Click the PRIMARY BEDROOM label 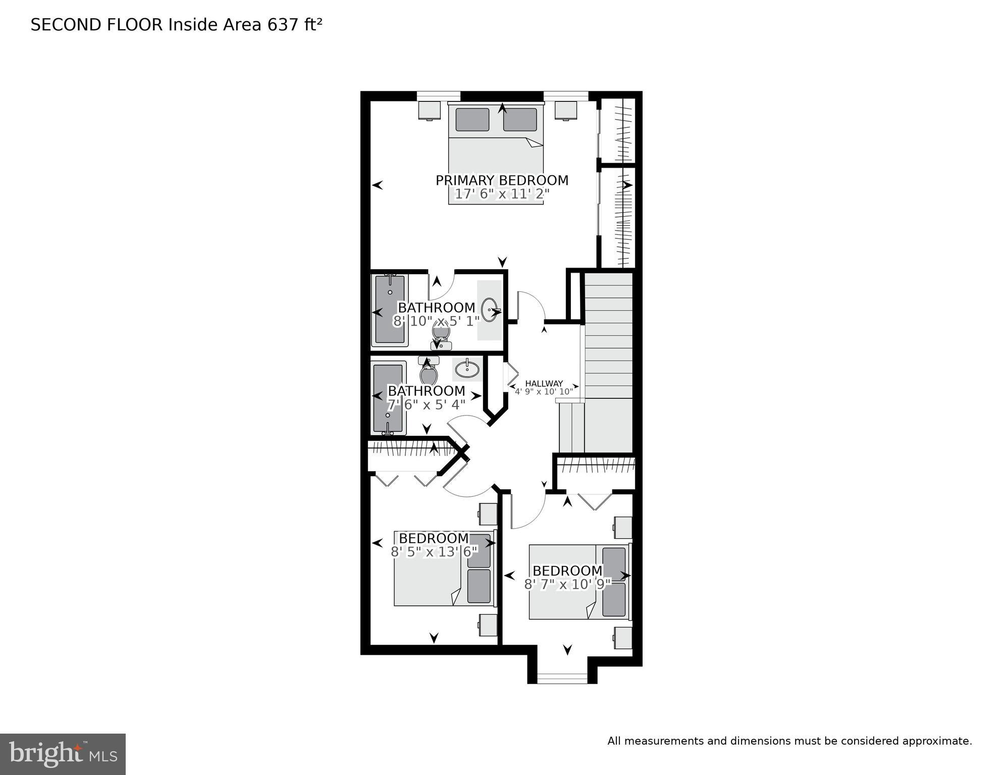(x=502, y=180)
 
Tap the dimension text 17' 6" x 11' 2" (x=502, y=194)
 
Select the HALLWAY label (x=544, y=384)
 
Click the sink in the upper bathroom (x=490, y=310)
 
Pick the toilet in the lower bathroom (x=429, y=373)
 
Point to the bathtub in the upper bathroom (x=389, y=309)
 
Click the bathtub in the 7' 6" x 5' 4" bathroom (x=388, y=397)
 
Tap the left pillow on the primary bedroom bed (x=472, y=120)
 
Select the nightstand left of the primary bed (x=430, y=110)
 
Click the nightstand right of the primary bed (x=566, y=110)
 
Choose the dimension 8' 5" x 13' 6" (x=434, y=552)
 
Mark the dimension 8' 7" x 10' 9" (x=567, y=585)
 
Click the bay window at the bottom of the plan (x=562, y=678)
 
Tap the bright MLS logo (x=63, y=754)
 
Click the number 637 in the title (x=283, y=25)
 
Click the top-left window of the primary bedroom (x=439, y=95)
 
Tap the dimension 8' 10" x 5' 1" (x=436, y=321)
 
